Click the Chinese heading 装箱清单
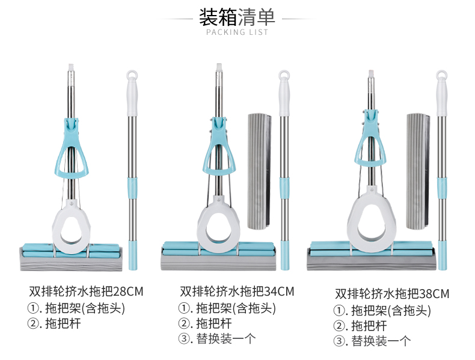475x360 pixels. pyautogui.click(x=237, y=17)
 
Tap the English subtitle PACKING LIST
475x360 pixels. pyautogui.click(x=237, y=32)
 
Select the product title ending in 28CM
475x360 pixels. pyautogui.click(x=86, y=291)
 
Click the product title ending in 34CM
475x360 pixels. pyautogui.click(x=237, y=291)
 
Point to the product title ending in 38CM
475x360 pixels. pyautogui.click(x=392, y=294)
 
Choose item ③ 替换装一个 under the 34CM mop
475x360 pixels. pyautogui.click(x=217, y=338)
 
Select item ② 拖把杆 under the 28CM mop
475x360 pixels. pyautogui.click(x=54, y=323)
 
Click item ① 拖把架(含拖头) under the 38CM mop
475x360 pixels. pyautogui.click(x=382, y=311)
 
